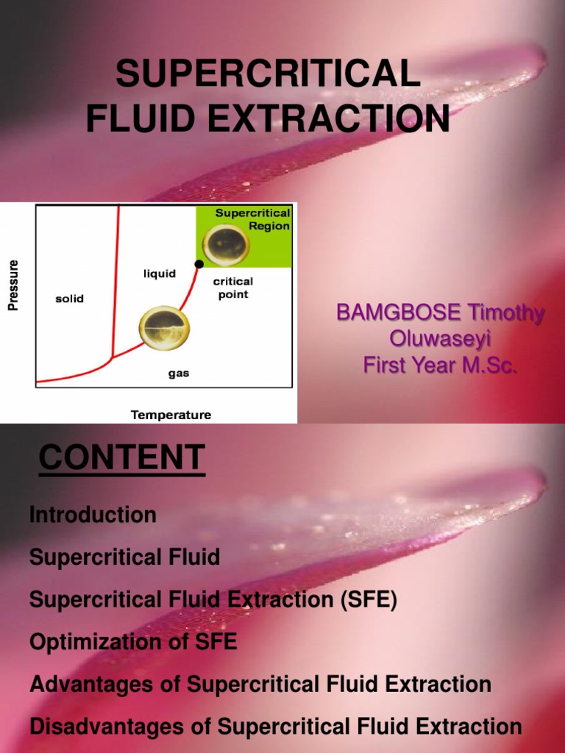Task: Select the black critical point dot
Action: (199, 263)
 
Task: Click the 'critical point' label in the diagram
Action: (232, 288)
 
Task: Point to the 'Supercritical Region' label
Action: (252, 219)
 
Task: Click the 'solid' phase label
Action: (70, 299)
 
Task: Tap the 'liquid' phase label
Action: (159, 274)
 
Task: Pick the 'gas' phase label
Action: (179, 374)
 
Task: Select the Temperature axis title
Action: (171, 415)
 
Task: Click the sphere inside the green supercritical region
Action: (225, 246)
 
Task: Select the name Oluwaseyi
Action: (439, 338)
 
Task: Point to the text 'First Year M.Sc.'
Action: (440, 365)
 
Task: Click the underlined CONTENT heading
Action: (121, 459)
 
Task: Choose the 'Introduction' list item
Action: (93, 515)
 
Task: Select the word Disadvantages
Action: (104, 727)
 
